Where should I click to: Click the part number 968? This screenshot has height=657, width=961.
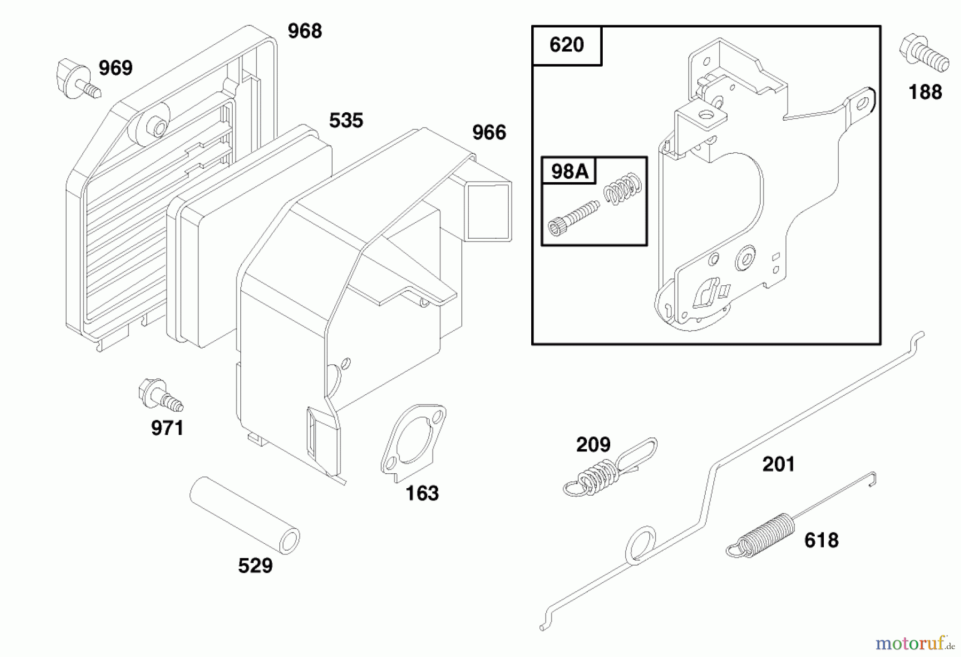305,31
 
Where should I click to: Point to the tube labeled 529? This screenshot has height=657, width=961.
245,515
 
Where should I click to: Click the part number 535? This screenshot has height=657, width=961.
346,121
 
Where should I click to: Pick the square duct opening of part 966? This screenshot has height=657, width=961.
489,212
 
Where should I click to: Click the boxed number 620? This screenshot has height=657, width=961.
566,45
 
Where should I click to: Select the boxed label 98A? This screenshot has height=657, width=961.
569,171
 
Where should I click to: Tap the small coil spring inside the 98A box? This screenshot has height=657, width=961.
623,188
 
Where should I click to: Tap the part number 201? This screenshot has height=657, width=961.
778,464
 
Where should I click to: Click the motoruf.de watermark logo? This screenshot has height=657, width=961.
914,643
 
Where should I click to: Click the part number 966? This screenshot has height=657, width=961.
489,132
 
